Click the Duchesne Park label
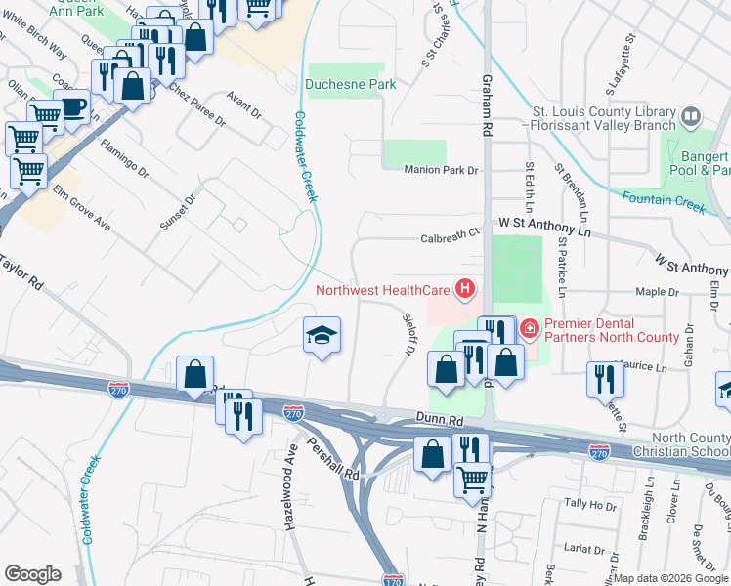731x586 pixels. [x=351, y=84]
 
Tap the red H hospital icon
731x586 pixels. [x=465, y=289]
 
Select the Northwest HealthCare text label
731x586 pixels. [x=382, y=289]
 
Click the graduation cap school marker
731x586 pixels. [x=321, y=336]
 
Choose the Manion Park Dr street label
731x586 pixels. [x=443, y=170]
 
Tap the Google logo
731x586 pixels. [x=32, y=574]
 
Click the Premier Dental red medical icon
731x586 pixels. [x=530, y=329]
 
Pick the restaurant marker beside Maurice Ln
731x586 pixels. [x=602, y=377]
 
